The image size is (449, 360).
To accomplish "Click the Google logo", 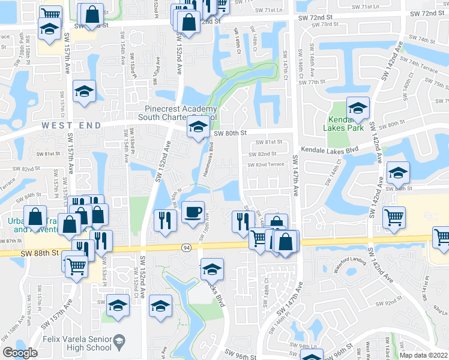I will click(x=20, y=353).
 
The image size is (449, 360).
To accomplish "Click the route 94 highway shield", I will click(x=187, y=247).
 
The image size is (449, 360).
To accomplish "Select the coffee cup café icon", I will click(x=192, y=213).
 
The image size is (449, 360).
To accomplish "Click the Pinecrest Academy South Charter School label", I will click(x=180, y=113).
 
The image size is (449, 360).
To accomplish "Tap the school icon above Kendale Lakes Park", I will click(x=358, y=109).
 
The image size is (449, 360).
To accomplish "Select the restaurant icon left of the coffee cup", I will click(x=163, y=220).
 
